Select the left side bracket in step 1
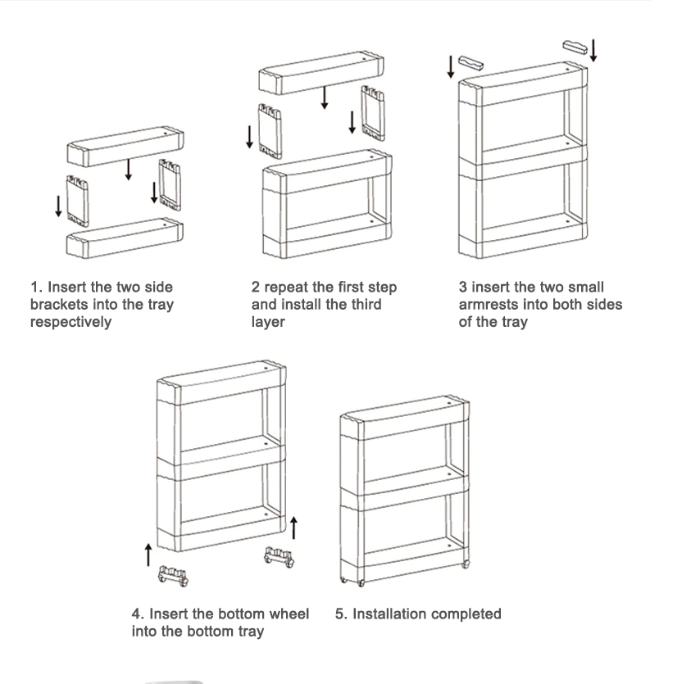point(78,200)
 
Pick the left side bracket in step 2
point(270,130)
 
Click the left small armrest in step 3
point(472,63)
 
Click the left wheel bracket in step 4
point(174,576)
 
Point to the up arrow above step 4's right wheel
point(294,528)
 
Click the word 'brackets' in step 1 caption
point(57,305)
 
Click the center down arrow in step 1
point(127,170)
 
